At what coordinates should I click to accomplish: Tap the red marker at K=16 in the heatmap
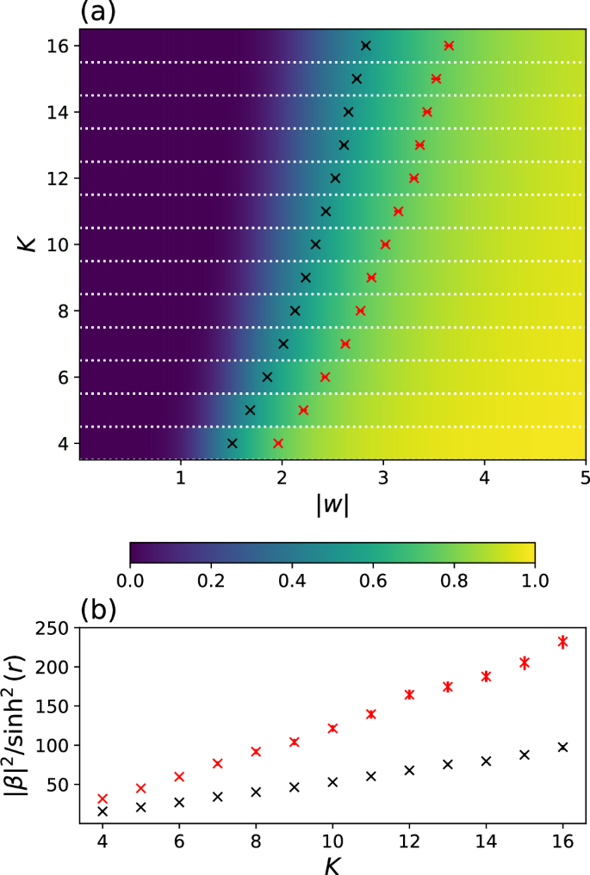[x=449, y=45]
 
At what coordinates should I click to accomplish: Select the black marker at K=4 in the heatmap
[x=232, y=443]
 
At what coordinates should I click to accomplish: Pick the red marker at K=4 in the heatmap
[x=278, y=443]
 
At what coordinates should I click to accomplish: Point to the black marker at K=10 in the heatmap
[x=315, y=244]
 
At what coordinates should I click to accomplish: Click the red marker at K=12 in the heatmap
[x=414, y=178]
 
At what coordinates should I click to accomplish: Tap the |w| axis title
[x=332, y=506]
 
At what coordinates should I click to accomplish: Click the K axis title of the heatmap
[x=27, y=244]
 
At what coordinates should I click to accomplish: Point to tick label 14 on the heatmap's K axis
[x=60, y=112]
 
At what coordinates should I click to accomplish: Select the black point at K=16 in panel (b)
[x=563, y=747]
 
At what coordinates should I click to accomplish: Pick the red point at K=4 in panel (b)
[x=102, y=799]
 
